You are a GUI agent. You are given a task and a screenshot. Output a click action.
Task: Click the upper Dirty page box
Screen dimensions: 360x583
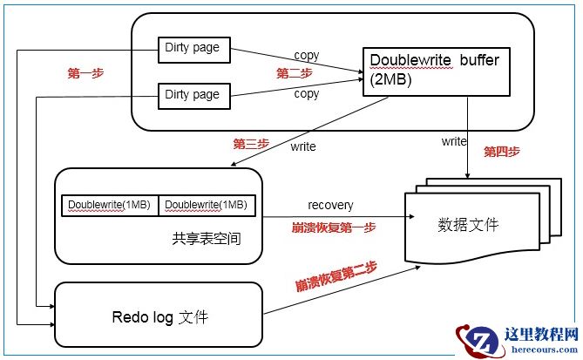click(193, 50)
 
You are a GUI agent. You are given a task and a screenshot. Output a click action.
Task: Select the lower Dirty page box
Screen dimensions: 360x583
click(193, 95)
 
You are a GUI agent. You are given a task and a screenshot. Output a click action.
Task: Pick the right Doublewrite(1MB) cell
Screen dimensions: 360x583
click(207, 205)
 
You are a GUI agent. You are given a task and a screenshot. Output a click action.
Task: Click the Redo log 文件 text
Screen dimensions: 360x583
click(159, 317)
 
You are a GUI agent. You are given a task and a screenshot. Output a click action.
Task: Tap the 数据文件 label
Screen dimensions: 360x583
click(468, 225)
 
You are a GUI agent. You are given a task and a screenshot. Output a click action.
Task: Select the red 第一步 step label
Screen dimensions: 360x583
click(85, 74)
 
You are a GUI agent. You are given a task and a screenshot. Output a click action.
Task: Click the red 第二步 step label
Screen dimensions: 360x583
click(295, 72)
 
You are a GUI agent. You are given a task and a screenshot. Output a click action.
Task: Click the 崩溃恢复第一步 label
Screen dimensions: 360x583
click(334, 228)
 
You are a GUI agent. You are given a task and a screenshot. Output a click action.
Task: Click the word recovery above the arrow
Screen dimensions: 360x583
click(330, 205)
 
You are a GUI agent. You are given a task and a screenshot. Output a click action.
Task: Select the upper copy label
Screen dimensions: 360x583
click(307, 56)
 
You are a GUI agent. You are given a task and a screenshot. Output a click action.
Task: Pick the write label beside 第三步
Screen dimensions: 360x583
click(303, 146)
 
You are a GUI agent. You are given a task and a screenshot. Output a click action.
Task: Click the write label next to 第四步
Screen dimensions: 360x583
click(454, 140)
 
